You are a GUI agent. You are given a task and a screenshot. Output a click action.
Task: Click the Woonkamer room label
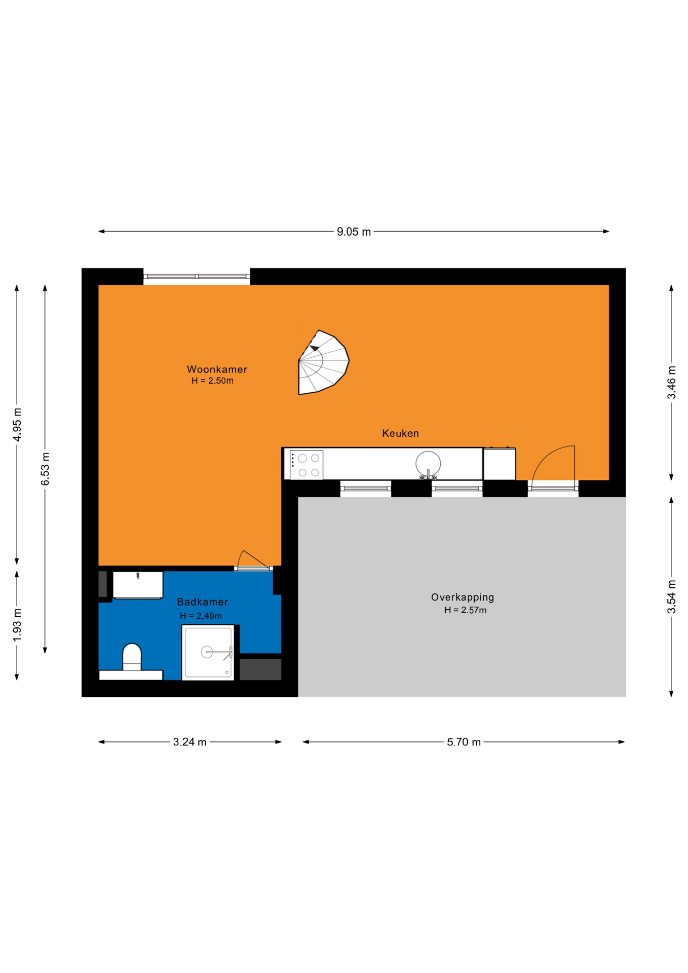point(217,369)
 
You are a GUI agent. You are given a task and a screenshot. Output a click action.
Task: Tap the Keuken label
point(400,433)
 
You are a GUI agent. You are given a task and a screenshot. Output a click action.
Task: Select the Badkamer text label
point(202,602)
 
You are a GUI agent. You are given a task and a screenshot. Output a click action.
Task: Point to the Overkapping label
point(463,597)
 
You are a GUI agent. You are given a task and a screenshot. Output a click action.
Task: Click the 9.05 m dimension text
point(354,232)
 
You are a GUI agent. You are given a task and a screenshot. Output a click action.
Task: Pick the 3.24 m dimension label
point(190,742)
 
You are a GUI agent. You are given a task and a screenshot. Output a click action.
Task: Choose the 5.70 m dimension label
point(464,742)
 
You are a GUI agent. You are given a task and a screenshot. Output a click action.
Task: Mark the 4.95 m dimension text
point(17,424)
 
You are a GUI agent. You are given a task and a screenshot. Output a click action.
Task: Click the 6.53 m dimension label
point(46,469)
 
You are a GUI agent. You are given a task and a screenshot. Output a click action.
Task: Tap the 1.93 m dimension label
point(17,624)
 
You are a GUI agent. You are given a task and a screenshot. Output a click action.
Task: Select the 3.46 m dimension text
point(671,382)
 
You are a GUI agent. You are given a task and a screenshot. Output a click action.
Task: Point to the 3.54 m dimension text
point(671,596)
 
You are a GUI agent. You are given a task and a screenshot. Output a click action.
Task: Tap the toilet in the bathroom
point(132,657)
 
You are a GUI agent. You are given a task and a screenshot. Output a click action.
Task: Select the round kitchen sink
point(428,463)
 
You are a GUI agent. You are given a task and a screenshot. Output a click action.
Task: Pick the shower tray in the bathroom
point(208,652)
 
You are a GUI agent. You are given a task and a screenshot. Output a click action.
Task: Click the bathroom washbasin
point(138,585)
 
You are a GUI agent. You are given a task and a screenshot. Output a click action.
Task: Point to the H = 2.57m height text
point(465,610)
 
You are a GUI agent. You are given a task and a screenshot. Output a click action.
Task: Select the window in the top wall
point(197,277)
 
